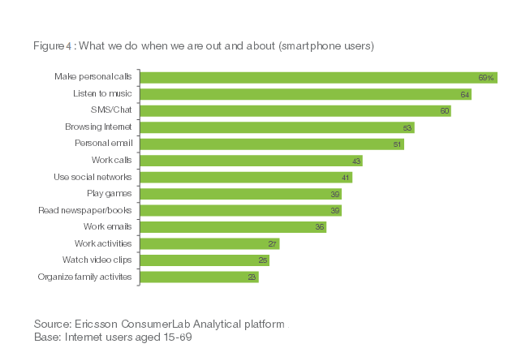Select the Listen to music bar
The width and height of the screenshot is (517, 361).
pos(305,94)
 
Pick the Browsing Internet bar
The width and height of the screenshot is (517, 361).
pos(277,127)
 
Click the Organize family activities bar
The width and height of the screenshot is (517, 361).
pos(200,277)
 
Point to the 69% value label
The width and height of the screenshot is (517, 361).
pos(486,78)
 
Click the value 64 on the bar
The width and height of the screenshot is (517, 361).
pos(465,94)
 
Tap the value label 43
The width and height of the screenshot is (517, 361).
pos(356,161)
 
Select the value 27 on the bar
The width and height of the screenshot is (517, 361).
pos(273,244)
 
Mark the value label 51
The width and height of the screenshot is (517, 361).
pos(398,144)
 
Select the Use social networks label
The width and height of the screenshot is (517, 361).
pos(91,177)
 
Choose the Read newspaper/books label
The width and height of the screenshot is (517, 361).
pos(85,210)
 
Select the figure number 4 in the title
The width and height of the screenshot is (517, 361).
pos(68,45)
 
